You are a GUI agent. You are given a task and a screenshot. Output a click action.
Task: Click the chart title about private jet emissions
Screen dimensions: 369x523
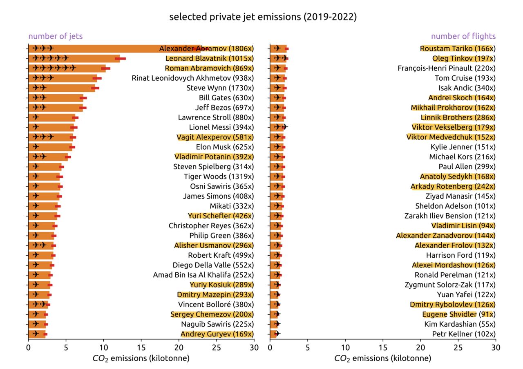click(x=263, y=17)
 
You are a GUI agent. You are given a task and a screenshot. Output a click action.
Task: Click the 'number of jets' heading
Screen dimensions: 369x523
click(x=55, y=36)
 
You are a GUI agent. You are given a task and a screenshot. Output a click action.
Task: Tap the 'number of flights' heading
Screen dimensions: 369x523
click(x=463, y=36)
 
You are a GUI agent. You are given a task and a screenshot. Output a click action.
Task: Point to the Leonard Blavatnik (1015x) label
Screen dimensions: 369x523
click(x=209, y=58)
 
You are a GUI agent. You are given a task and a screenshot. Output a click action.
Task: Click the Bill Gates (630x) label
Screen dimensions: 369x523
click(x=226, y=98)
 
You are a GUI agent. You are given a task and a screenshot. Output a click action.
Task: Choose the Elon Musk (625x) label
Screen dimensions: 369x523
click(x=225, y=147)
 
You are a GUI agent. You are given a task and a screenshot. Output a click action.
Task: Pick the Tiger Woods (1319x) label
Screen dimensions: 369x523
click(x=219, y=177)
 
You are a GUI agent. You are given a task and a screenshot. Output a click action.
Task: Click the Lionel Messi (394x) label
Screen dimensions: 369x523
click(x=221, y=127)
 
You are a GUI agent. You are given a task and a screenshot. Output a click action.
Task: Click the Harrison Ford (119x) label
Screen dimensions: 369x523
click(x=460, y=255)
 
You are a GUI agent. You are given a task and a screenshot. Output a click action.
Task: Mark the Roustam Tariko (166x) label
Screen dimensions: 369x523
click(x=458, y=49)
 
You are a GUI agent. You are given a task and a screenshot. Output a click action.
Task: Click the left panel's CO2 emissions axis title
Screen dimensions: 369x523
click(x=141, y=359)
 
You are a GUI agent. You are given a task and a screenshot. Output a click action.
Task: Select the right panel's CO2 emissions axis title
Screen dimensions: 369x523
click(x=382, y=359)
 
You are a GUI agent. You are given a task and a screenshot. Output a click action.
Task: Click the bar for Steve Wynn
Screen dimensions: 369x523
click(x=61, y=88)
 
